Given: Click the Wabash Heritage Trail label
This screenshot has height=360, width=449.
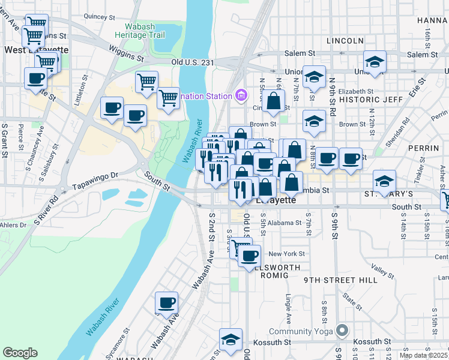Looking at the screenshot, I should (x=144, y=31).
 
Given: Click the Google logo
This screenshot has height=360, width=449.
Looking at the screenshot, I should (x=20, y=353).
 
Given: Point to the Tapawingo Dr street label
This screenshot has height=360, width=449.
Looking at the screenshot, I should (x=96, y=177).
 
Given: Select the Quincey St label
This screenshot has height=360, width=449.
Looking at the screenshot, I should (x=100, y=17).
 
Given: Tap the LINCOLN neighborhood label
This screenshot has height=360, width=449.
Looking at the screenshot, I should (x=345, y=41).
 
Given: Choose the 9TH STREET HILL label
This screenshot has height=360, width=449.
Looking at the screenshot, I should (x=340, y=280).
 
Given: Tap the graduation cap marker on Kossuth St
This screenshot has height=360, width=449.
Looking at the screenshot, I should (x=231, y=340).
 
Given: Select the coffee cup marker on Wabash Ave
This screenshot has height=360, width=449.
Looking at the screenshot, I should (x=166, y=303).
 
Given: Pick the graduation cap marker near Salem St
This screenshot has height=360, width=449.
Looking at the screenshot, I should (x=375, y=62).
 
